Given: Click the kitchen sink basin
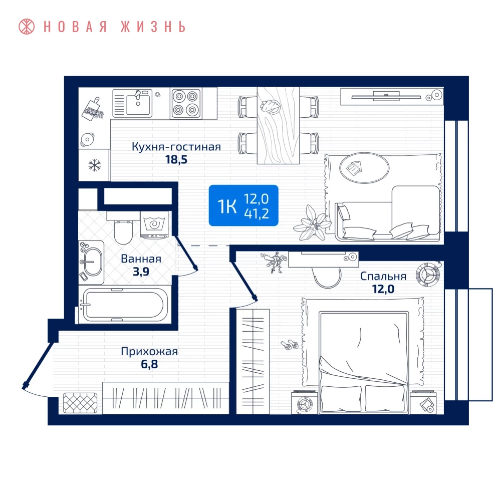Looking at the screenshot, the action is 138,103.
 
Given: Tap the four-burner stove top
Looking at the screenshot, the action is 186,103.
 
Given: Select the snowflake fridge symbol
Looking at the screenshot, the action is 95,165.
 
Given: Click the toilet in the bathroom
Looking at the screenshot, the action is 123,228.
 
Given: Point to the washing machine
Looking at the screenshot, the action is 154,225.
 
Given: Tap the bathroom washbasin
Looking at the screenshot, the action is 91,262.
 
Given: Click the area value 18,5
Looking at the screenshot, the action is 176,159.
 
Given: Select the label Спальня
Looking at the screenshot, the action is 383,276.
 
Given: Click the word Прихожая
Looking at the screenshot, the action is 149,351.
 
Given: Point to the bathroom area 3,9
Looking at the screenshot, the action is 141,272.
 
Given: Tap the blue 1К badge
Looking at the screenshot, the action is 243,205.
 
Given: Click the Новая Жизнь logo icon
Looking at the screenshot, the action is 27,27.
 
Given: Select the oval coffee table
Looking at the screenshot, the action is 364,168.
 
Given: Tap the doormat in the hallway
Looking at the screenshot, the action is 80,403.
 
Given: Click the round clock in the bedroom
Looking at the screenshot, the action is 428,275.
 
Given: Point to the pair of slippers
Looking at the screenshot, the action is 289,345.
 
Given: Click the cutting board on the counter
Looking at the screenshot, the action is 92,109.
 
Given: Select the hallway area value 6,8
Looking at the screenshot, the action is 149,364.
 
